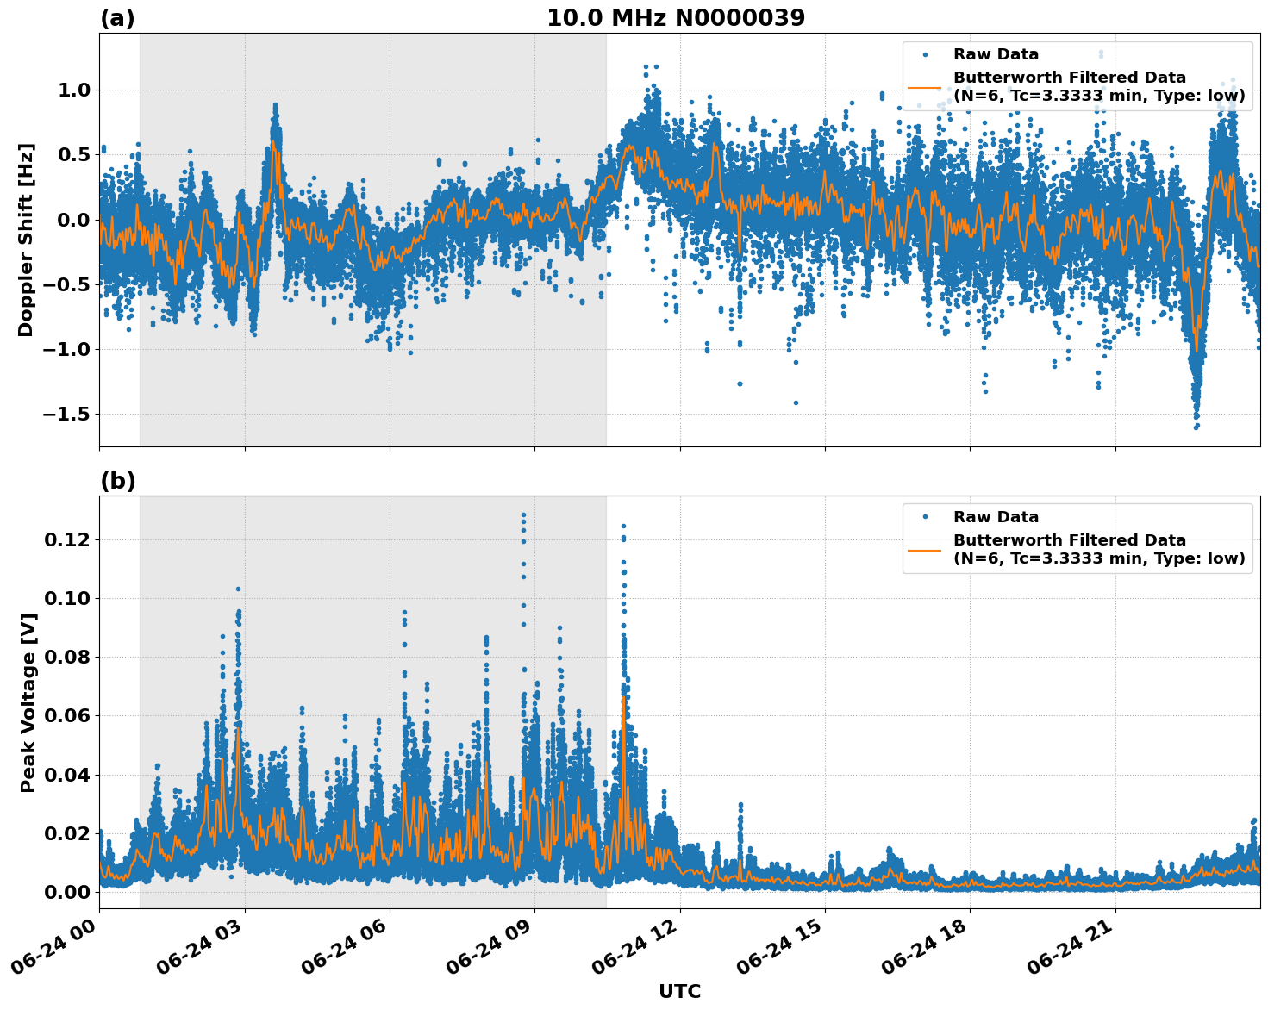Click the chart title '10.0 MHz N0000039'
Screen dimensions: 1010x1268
click(x=676, y=18)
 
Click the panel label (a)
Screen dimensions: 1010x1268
click(x=117, y=18)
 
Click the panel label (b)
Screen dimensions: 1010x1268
click(x=117, y=481)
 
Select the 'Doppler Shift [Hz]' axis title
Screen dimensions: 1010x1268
click(x=26, y=240)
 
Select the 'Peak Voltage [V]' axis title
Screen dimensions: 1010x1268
click(x=28, y=702)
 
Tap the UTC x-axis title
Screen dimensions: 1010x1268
click(x=679, y=991)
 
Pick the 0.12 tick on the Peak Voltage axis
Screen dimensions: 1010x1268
click(x=67, y=540)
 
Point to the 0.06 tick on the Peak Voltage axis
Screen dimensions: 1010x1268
click(x=67, y=716)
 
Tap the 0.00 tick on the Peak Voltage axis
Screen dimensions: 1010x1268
click(x=67, y=892)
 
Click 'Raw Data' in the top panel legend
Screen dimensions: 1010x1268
click(x=996, y=54)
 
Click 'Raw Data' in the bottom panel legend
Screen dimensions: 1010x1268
click(x=996, y=517)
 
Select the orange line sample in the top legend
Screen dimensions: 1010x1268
click(x=925, y=86)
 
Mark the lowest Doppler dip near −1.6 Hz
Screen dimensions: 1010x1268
click(x=1196, y=426)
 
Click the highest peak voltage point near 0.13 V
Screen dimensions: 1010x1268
click(x=523, y=515)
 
